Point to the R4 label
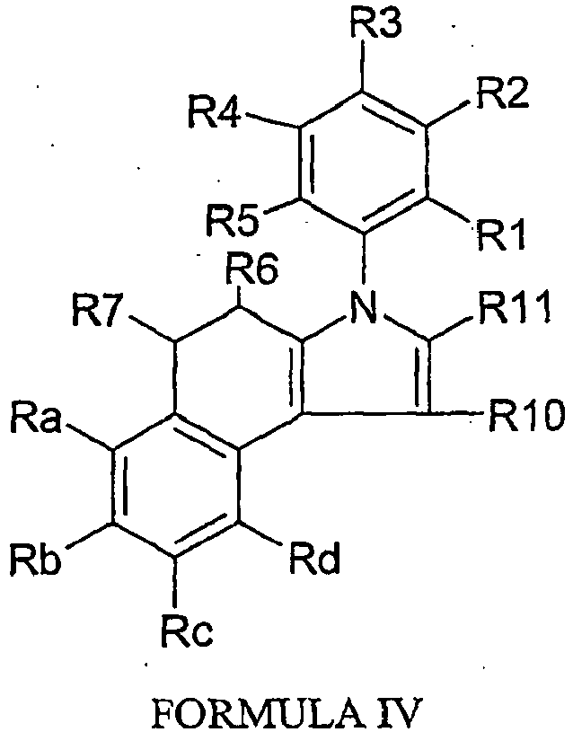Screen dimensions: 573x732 pyautogui.click(x=215, y=111)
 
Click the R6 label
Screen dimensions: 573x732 pyautogui.click(x=251, y=269)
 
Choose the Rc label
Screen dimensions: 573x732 pyautogui.click(x=188, y=631)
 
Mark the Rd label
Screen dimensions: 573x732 pyautogui.click(x=313, y=558)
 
